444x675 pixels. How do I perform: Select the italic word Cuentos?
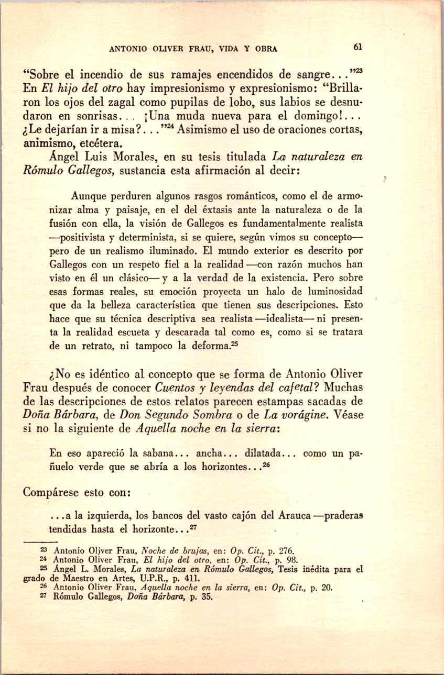point(176,388)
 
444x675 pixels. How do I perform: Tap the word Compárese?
point(53,493)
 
